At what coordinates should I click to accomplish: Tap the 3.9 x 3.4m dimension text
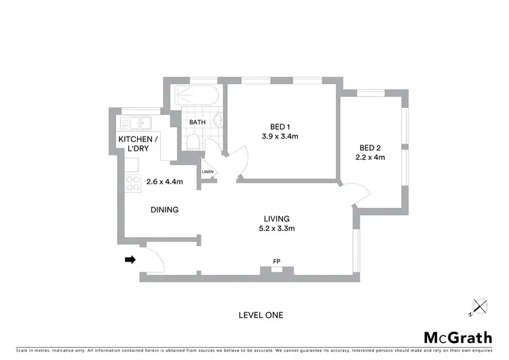coord(280,137)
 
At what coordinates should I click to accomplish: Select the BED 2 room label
coord(370,148)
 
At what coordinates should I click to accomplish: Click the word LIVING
coord(277,219)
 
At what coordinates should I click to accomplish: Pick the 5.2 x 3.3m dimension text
coord(277,229)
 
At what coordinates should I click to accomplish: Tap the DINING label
coord(164,210)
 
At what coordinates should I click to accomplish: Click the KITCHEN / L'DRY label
coord(139,143)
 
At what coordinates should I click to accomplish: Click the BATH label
coord(197,122)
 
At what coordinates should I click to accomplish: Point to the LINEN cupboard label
coord(207,172)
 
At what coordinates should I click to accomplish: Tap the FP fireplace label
coord(276,260)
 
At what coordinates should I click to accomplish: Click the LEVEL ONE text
coord(261,315)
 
